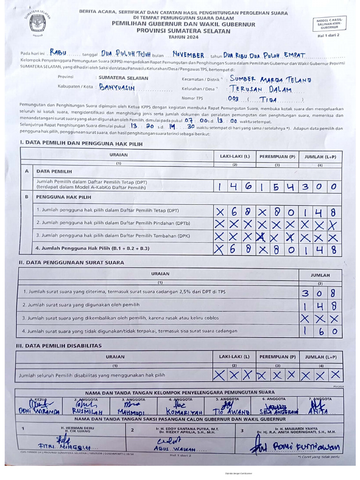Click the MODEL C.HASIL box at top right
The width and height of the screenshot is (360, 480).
[329, 24]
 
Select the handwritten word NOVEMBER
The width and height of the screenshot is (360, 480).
[188, 55]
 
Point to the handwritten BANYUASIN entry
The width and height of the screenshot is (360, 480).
[117, 87]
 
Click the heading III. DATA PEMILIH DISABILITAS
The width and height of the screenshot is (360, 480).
[60, 345]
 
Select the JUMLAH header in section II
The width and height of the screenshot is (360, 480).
[321, 275]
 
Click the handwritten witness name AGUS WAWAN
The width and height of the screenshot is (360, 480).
[173, 449]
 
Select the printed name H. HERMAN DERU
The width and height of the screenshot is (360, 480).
[77, 428]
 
